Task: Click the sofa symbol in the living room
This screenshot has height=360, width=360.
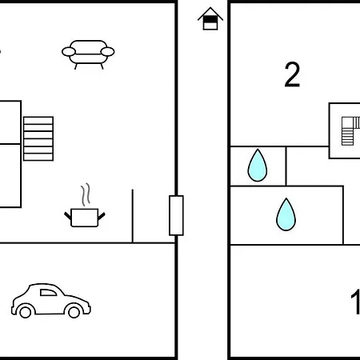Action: pyautogui.click(x=88, y=54)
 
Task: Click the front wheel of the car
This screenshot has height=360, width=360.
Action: pyautogui.click(x=74, y=312)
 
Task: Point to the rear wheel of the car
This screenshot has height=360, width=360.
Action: pyautogui.click(x=26, y=312)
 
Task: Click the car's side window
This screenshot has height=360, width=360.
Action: pyautogui.click(x=48, y=293)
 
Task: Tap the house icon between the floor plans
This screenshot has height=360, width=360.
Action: pyautogui.click(x=210, y=18)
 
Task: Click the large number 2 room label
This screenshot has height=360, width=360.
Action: pyautogui.click(x=292, y=74)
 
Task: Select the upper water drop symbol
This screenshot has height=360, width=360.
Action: pyautogui.click(x=258, y=166)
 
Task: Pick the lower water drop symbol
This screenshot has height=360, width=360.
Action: pyautogui.click(x=286, y=214)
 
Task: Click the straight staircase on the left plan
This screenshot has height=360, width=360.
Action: pyautogui.click(x=38, y=138)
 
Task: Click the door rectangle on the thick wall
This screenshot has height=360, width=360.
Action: pyautogui.click(x=176, y=215)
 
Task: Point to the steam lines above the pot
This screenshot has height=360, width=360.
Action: pyautogui.click(x=86, y=194)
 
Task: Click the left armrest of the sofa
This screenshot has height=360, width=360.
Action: pyautogui.click(x=69, y=52)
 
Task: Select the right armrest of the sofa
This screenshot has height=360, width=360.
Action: pyautogui.click(x=107, y=52)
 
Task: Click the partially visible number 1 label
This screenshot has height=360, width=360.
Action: pyautogui.click(x=356, y=302)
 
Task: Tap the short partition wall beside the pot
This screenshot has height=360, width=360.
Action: pyautogui.click(x=133, y=216)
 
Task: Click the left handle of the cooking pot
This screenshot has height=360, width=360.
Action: pyautogui.click(x=68, y=216)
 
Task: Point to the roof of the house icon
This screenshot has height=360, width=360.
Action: pyautogui.click(x=210, y=13)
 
